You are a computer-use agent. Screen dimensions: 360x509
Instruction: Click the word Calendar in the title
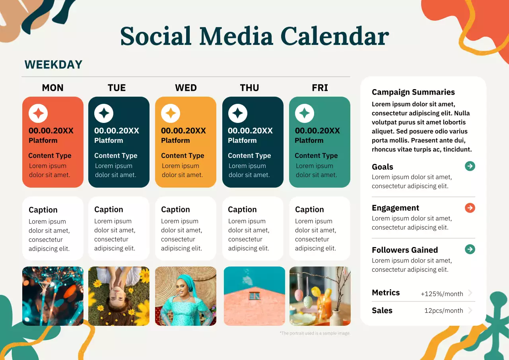[x=334, y=36]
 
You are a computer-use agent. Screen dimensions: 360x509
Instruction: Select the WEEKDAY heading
[x=53, y=64]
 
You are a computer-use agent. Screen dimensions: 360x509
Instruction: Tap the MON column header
[x=52, y=88]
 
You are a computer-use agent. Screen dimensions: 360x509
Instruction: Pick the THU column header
[x=249, y=88]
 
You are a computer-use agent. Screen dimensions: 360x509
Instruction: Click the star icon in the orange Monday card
[x=38, y=114]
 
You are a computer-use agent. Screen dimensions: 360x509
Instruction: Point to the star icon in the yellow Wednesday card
[x=171, y=114]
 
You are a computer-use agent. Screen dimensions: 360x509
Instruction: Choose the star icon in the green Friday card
[x=305, y=114]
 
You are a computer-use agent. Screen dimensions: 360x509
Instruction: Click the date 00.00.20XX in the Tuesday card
[x=117, y=130]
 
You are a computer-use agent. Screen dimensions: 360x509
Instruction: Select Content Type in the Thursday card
[x=249, y=156]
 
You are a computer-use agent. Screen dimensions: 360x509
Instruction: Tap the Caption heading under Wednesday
[x=175, y=210]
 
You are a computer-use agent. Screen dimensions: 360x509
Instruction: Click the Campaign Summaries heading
[x=413, y=92]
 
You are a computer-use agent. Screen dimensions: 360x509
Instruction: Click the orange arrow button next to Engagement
[x=470, y=208]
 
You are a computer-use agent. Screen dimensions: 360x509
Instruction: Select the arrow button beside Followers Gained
[x=470, y=249]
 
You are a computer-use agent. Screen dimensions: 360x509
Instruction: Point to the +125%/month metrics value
[x=442, y=294]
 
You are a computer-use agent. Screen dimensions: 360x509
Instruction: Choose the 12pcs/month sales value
[x=443, y=311]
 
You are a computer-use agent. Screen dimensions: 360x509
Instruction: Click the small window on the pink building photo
[x=254, y=296]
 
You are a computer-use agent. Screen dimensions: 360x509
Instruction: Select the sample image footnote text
[x=315, y=333]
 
